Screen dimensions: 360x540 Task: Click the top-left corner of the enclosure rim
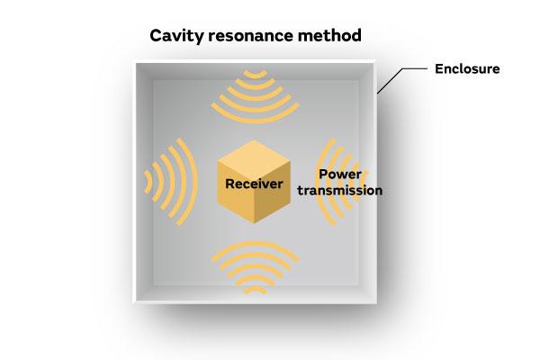[135, 62]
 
